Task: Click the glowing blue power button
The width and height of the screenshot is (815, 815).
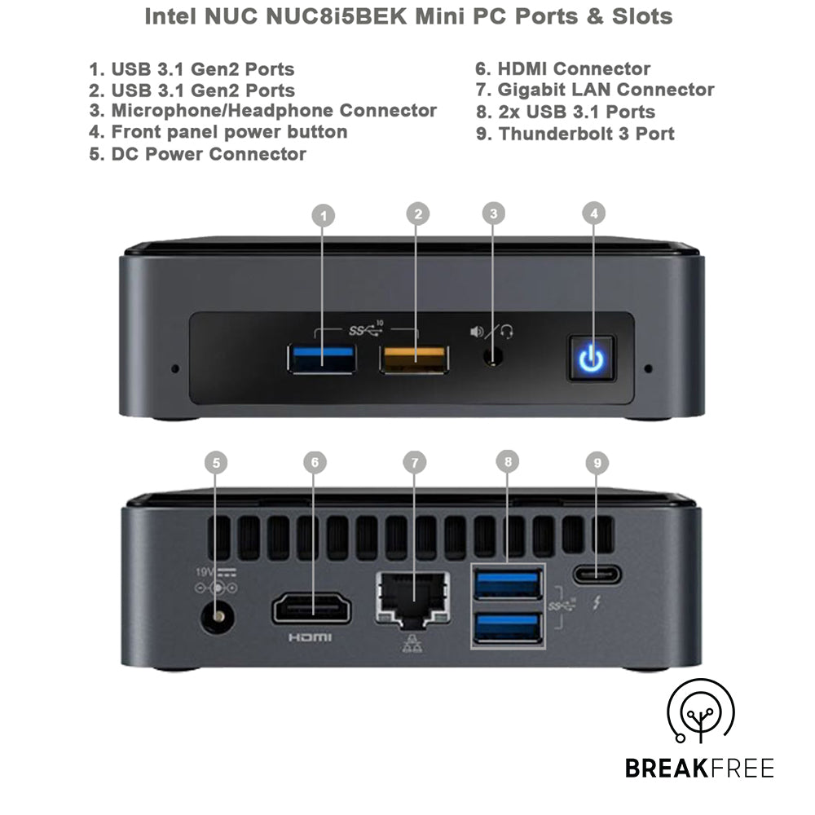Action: click(x=592, y=358)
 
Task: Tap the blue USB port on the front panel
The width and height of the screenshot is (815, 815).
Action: click(x=322, y=358)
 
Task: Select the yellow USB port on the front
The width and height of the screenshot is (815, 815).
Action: click(x=414, y=358)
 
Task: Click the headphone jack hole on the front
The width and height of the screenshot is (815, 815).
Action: click(x=493, y=357)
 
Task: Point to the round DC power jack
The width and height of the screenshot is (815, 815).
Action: click(x=218, y=617)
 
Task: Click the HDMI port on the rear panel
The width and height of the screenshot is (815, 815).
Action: click(x=311, y=609)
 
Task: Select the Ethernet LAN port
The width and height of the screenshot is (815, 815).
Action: click(x=413, y=598)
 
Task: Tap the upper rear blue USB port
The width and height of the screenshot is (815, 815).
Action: click(x=508, y=584)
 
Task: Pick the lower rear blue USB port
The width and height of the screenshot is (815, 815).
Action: click(x=508, y=628)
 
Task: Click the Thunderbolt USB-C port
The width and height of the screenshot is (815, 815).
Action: click(x=597, y=575)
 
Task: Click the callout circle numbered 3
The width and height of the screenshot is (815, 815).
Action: click(x=493, y=214)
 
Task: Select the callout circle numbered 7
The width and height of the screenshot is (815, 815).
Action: click(x=414, y=463)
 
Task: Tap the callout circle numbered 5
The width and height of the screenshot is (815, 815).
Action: click(x=216, y=463)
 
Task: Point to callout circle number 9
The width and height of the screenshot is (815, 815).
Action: click(x=597, y=463)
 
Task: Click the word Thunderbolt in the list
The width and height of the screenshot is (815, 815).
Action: click(x=555, y=134)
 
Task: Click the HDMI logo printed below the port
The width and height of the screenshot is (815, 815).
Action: click(x=310, y=637)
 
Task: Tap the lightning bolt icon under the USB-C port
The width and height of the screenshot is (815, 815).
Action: click(x=597, y=602)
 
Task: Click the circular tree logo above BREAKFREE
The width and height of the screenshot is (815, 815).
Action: click(x=700, y=711)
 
